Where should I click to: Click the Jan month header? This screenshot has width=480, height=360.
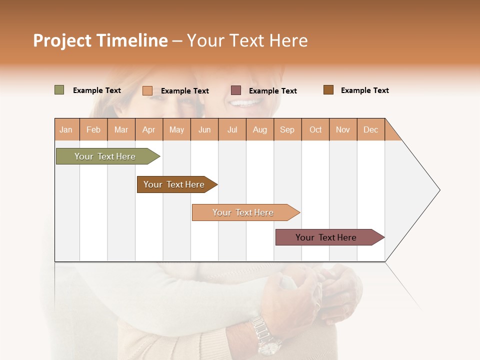pos(66,129)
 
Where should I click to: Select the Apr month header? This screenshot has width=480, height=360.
pos(149,129)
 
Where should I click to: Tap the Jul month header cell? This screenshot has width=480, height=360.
pos(232,129)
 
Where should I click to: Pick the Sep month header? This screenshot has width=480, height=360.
pos(287,129)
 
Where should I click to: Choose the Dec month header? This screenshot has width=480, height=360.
pos(370,129)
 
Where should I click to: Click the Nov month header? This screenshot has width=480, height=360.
pos(342,129)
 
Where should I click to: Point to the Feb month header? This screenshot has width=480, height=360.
pos(93,129)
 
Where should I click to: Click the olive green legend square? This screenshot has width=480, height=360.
pos(59,90)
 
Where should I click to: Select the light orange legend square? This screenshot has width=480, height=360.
pos(147,90)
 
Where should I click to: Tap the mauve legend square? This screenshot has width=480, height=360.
pos(236,90)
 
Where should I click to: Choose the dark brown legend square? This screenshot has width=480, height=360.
pos(328,90)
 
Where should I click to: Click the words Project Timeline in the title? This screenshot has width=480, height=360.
pos(100,40)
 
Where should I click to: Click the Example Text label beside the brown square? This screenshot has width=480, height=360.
pos(364,90)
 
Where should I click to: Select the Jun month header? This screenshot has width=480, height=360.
pos(204,129)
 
